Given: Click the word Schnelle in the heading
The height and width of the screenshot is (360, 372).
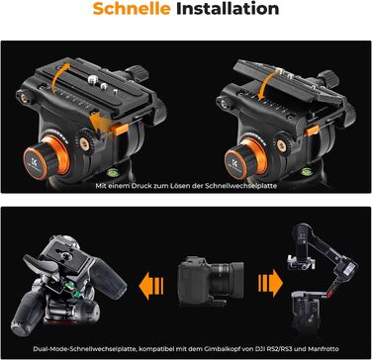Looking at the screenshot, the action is [x=132, y=9].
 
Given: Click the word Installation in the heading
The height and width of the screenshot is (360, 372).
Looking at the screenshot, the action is [x=228, y=9].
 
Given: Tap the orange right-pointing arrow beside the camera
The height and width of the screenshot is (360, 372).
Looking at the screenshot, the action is [x=270, y=283].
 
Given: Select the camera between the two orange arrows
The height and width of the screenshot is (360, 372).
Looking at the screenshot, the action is [x=211, y=282].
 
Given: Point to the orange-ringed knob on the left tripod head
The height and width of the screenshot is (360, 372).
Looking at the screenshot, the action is [x=46, y=157].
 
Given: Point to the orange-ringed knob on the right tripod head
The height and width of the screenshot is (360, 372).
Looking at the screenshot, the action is [x=245, y=158].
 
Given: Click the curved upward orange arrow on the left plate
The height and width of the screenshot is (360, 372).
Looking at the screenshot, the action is [x=58, y=76].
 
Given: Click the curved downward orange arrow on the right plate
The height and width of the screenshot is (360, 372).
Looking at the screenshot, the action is [x=266, y=85].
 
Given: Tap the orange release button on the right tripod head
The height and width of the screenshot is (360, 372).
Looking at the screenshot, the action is [x=312, y=131].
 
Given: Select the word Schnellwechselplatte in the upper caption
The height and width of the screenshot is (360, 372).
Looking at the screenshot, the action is [x=240, y=186].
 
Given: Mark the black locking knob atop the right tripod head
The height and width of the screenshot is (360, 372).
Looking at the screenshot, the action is [x=328, y=77].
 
